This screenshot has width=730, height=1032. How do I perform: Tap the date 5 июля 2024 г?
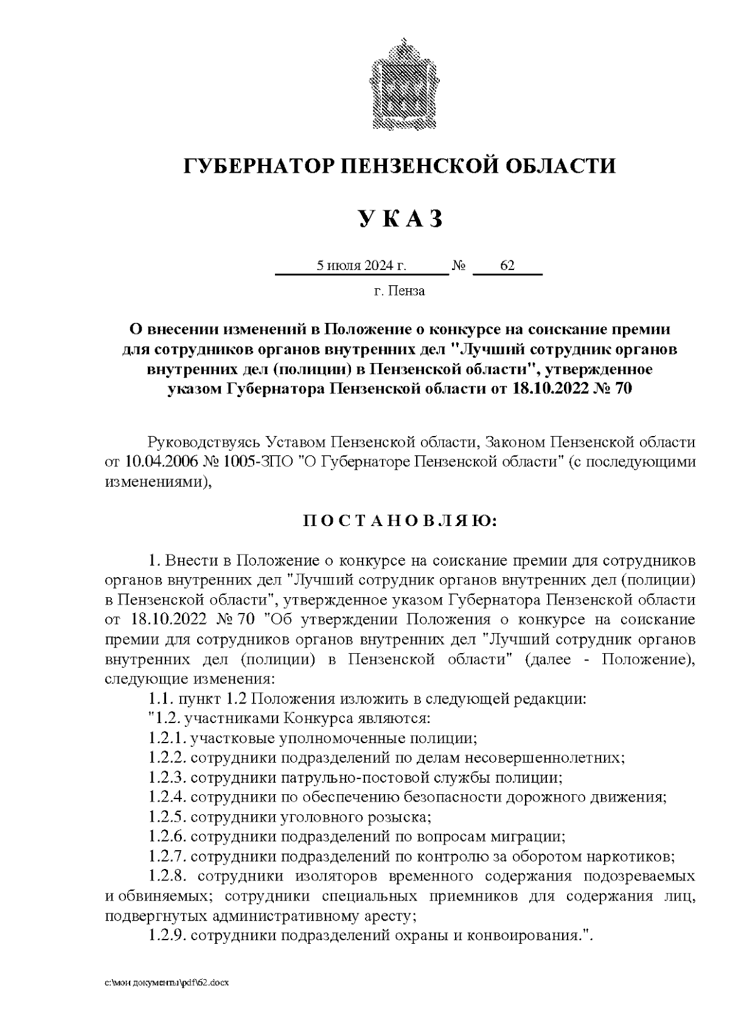point(361,266)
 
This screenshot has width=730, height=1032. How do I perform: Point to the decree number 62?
point(507,266)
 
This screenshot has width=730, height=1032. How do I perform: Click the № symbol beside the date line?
point(459,266)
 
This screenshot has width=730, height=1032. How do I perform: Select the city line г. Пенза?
point(399,291)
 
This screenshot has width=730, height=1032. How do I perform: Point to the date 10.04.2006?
point(162,460)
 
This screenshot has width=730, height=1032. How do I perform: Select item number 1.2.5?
point(167,817)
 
